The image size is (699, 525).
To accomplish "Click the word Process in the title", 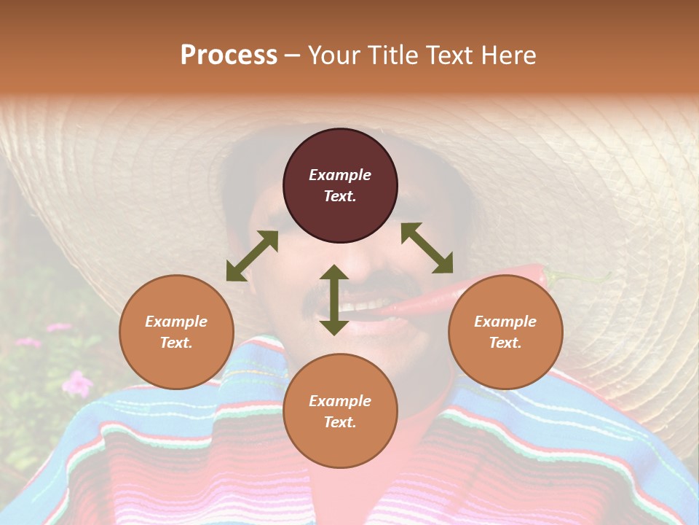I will [x=229, y=55].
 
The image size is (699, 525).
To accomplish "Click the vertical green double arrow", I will [x=334, y=300].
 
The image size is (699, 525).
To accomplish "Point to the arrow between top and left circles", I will [x=252, y=256].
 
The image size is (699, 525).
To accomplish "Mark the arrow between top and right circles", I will [x=427, y=248].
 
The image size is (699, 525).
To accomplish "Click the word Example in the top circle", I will [x=340, y=175].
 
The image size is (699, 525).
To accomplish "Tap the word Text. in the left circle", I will [x=176, y=343].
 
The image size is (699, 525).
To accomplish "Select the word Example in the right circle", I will [x=505, y=322].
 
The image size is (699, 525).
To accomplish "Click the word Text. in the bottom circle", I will [x=340, y=422].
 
